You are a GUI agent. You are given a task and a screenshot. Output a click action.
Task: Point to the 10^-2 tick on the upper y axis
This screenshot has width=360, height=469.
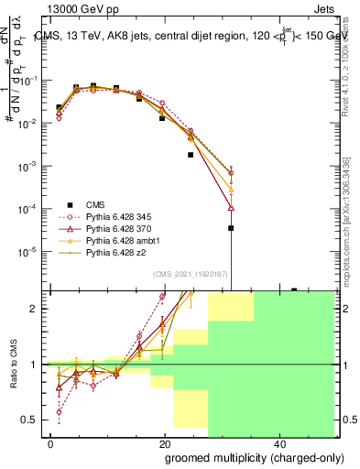point(30,123)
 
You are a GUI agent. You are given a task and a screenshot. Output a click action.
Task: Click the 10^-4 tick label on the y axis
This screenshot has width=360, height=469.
point(30,208)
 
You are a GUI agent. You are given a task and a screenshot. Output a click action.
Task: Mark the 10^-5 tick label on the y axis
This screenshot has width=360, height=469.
point(30,251)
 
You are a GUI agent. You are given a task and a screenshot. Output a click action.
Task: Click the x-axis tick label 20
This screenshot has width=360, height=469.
point(163,444)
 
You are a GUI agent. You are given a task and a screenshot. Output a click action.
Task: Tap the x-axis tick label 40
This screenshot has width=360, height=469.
point(278,444)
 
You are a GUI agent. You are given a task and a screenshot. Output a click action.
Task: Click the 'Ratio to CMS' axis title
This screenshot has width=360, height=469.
point(13,364)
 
